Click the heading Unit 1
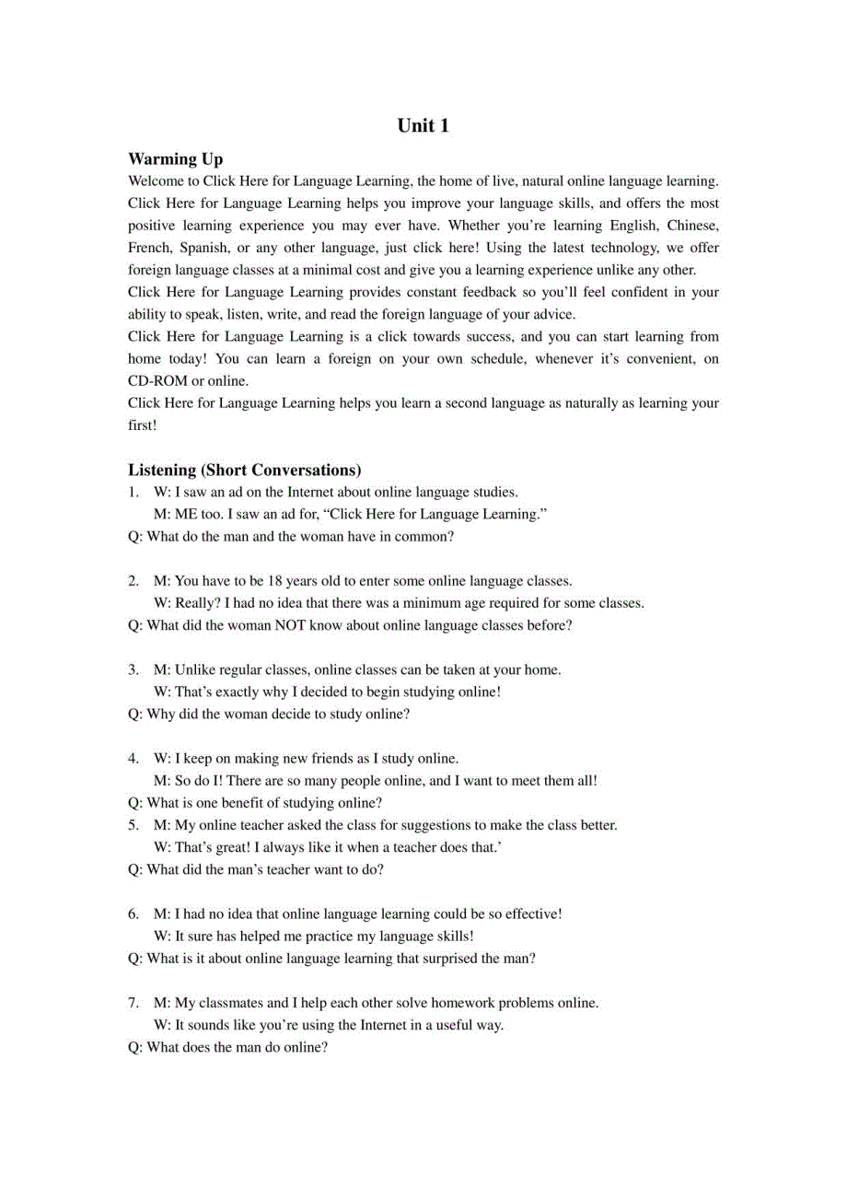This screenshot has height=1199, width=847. pos(423,126)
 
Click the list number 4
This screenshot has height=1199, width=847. pos(134,758)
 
